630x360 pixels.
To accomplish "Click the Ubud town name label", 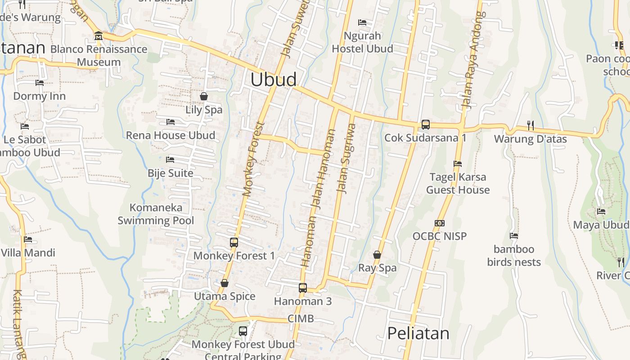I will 274,80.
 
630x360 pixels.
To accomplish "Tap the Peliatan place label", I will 418,333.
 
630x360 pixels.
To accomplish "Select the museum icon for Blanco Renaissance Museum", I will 99,36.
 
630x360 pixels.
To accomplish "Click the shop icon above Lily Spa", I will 204,96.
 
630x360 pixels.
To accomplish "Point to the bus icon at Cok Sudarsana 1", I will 425,125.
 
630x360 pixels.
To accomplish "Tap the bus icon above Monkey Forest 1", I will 234,243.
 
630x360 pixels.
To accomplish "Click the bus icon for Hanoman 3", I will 303,288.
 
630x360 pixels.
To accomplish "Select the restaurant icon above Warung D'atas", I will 531,125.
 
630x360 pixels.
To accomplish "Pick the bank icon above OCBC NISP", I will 440,223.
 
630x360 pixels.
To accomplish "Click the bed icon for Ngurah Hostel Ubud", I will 362,22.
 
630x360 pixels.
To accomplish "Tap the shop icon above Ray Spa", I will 377,255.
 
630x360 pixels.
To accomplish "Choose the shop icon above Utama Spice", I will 225,283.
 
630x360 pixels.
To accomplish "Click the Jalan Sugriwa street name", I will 346,159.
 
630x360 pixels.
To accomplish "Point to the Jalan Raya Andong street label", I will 474,60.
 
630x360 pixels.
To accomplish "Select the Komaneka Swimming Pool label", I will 156,214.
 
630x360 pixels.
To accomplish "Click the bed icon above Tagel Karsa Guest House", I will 458,164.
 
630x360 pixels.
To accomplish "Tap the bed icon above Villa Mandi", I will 28,239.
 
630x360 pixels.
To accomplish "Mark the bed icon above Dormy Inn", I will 40,83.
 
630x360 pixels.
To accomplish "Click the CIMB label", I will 301,319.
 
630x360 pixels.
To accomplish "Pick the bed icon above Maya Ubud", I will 601,211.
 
